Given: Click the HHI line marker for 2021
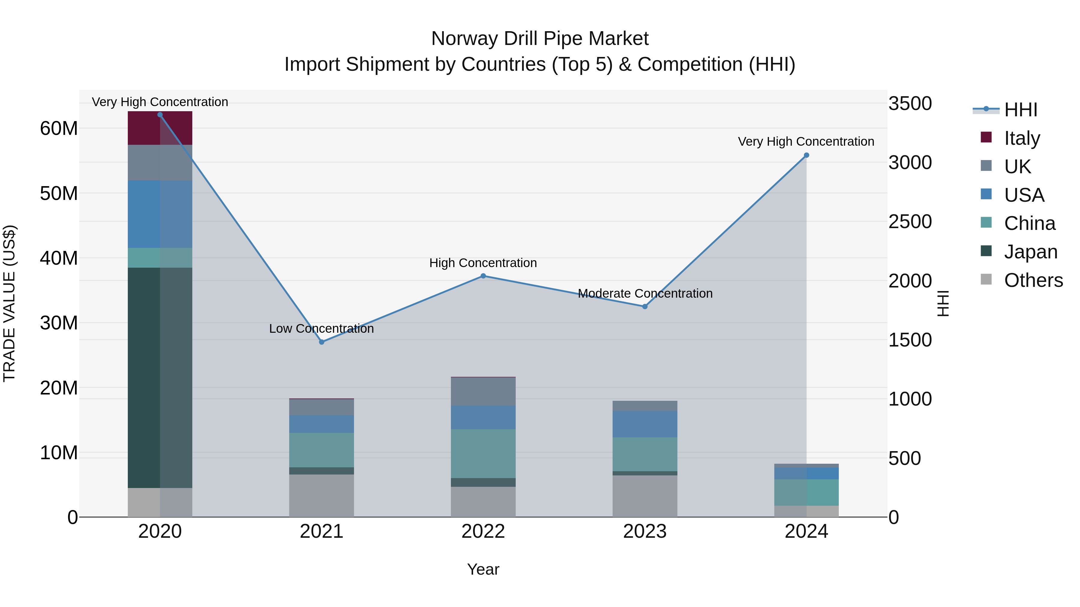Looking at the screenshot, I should [x=322, y=342].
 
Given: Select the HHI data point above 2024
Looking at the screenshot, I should [x=806, y=155].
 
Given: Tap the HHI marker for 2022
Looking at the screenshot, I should [x=483, y=276].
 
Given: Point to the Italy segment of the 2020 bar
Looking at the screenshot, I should [x=160, y=128].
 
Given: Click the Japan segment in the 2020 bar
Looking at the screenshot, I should [x=160, y=377].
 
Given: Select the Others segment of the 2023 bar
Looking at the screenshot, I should [x=645, y=496].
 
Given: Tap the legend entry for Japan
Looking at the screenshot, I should [x=1019, y=252].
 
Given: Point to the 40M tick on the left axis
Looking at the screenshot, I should [x=59, y=258].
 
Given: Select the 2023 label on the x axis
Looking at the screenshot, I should [x=645, y=531].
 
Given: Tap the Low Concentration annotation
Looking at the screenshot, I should [x=322, y=329].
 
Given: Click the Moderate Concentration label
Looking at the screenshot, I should [x=645, y=293].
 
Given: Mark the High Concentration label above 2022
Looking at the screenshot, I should [x=483, y=263].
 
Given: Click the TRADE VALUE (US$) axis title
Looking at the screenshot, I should [x=9, y=303].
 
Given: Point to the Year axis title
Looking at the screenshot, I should [x=483, y=569].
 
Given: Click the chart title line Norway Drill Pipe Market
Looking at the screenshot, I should [x=540, y=39].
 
